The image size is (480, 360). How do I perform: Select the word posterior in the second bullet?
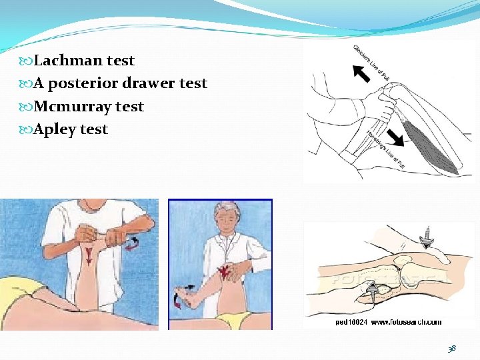[x=88, y=84]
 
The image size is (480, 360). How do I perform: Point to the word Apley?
[x=55, y=129]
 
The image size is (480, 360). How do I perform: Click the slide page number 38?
[x=453, y=349]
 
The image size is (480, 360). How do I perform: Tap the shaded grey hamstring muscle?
[x=433, y=143]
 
